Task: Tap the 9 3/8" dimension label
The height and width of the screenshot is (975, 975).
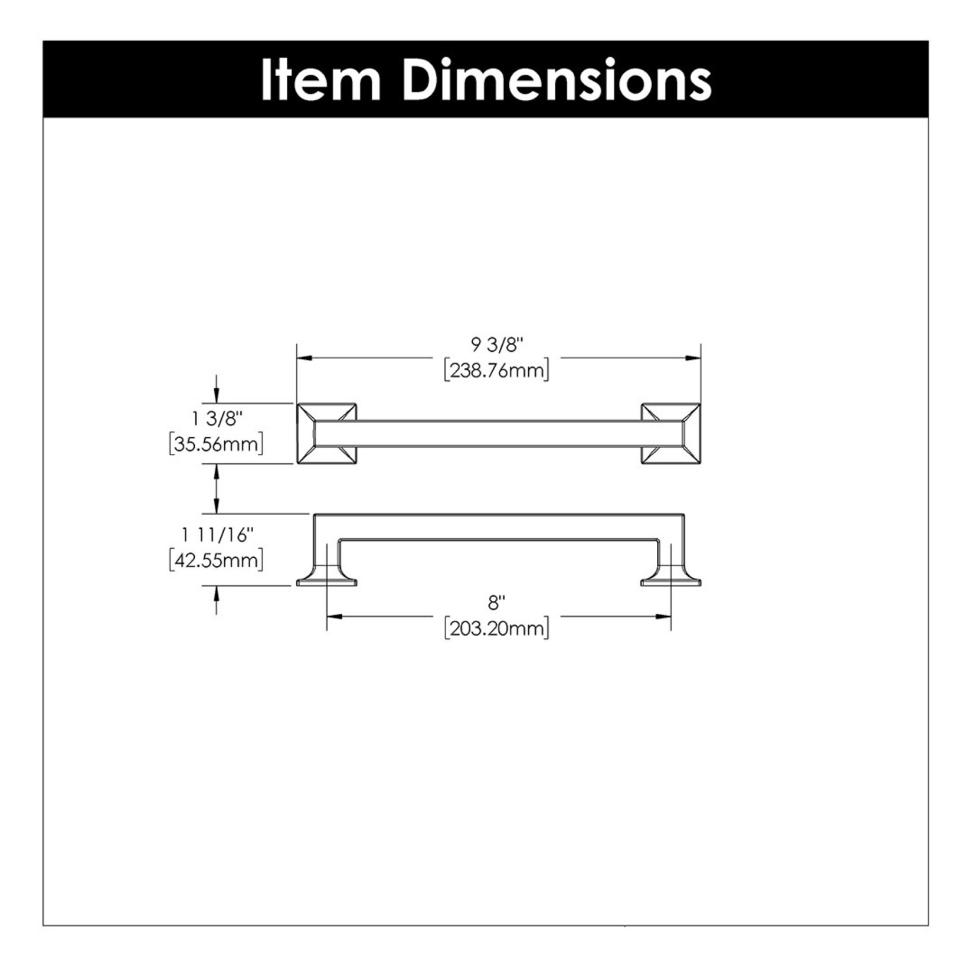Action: pos(497,344)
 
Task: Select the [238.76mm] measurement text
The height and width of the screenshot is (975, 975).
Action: pos(497,371)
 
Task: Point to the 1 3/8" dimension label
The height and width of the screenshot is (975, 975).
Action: pos(217,418)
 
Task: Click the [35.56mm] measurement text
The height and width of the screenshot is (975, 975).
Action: pos(216,444)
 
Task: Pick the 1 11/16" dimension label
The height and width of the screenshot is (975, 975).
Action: pos(217,535)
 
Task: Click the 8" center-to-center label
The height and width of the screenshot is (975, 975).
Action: pos(497,603)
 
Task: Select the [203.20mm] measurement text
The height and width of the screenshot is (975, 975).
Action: pos(497,629)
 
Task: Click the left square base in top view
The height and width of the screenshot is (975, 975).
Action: pos(326,434)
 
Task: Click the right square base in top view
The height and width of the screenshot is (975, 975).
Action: pos(671,434)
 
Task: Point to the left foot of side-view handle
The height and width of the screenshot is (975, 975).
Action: pos(326,578)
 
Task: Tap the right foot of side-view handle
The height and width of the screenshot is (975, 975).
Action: pos(671,578)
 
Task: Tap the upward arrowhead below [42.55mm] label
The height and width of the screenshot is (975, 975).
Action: pos(217,593)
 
